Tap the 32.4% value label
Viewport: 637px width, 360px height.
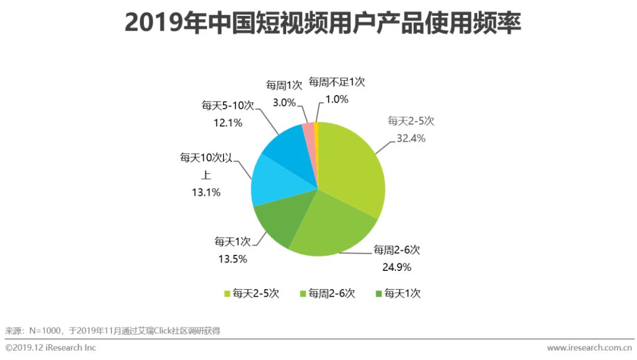tap(411, 139)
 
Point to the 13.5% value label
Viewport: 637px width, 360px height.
tap(231, 258)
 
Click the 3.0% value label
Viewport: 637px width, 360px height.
tap(284, 102)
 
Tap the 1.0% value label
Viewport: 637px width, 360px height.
tap(337, 99)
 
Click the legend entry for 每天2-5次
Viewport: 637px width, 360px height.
tap(251, 293)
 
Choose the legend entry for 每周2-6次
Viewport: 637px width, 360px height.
tap(328, 293)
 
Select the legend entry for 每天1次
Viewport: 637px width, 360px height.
tap(398, 293)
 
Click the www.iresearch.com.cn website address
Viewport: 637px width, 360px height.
tap(589, 348)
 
